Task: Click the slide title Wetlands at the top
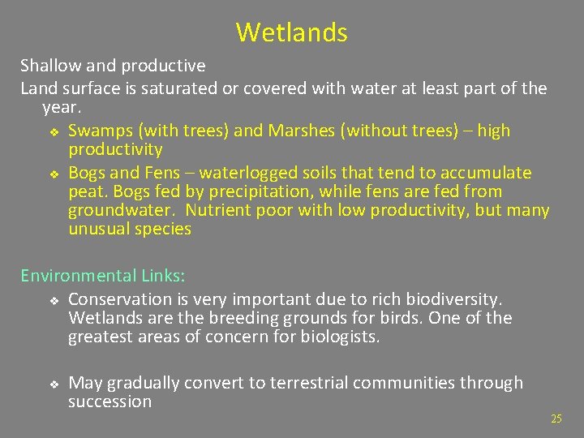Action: pyautogui.click(x=291, y=32)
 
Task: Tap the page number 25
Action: pyautogui.click(x=556, y=419)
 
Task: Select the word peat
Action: pyautogui.click(x=86, y=192)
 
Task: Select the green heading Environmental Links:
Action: pyautogui.click(x=102, y=276)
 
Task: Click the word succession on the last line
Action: pyautogui.click(x=109, y=401)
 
